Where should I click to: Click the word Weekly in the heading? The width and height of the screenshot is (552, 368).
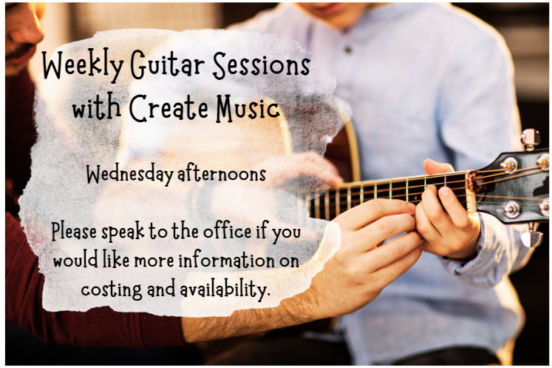(x=83, y=66)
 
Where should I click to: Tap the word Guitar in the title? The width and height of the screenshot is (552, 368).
(x=167, y=65)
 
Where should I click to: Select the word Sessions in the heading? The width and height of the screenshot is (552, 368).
(x=261, y=65)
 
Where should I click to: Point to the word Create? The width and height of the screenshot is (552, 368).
(x=168, y=107)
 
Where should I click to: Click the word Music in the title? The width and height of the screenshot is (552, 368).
(x=248, y=107)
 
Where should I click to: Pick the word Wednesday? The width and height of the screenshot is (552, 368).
(x=130, y=175)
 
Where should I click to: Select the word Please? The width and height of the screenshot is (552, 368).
(x=75, y=232)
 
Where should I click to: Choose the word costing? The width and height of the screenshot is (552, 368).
(x=112, y=290)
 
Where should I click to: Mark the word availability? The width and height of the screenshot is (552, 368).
(x=225, y=290)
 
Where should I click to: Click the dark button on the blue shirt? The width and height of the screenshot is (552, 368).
(x=349, y=50)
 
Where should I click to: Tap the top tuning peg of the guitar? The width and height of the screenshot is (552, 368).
(x=531, y=138)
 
